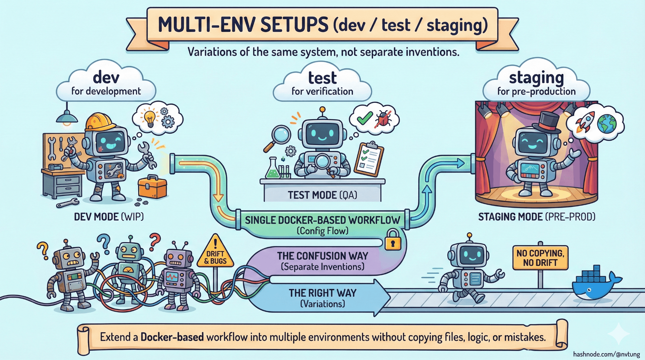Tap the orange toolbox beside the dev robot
[152, 188]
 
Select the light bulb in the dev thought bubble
[149, 118]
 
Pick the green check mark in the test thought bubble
[364, 118]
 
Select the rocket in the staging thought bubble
[584, 122]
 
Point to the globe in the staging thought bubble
[606, 124]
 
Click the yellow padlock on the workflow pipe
[393, 240]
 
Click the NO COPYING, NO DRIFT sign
[540, 258]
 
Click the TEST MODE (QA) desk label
[322, 195]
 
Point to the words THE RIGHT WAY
[322, 293]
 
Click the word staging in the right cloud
[536, 78]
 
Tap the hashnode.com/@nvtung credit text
[606, 354]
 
